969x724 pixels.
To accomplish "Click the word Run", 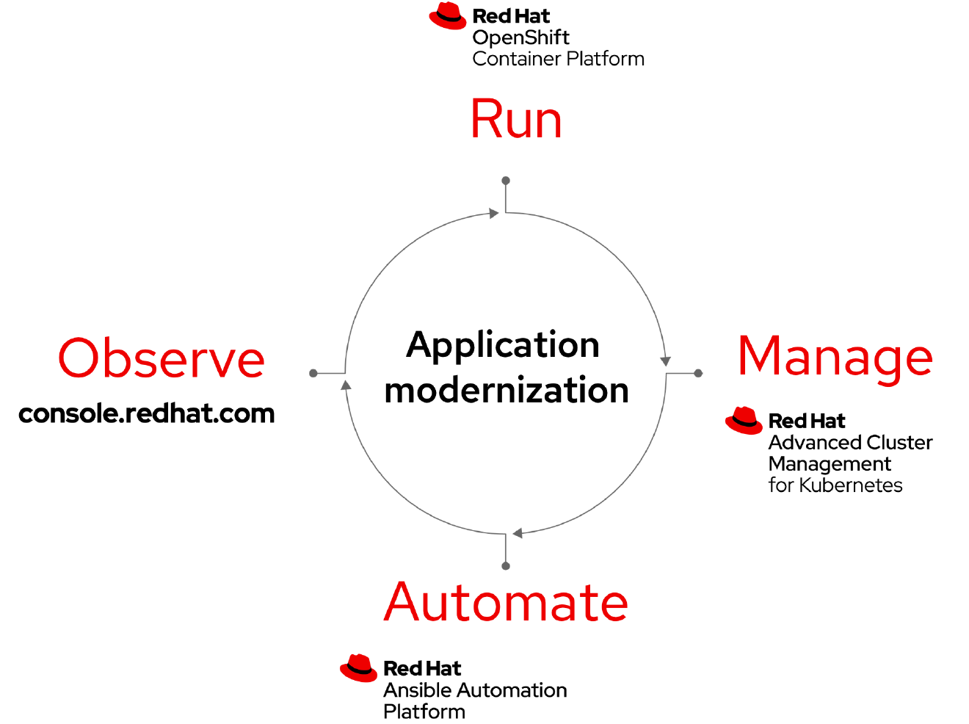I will click(516, 119).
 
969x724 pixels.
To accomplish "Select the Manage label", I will click(835, 358).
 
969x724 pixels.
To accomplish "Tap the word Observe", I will click(161, 359).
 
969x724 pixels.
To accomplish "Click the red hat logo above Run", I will click(448, 16).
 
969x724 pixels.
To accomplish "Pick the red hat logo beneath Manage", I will click(744, 421).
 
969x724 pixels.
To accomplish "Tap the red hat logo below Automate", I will click(358, 667).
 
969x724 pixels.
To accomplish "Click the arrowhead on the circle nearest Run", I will click(494, 214).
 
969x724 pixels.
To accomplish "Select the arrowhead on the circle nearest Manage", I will click(665, 361).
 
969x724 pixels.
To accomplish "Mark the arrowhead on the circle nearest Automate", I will click(518, 533).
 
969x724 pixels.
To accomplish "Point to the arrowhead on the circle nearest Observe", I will click(346, 385).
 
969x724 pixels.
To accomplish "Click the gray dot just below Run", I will click(506, 180).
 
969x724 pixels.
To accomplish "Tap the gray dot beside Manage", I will click(698, 373).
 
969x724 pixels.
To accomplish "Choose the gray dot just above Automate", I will click(506, 566).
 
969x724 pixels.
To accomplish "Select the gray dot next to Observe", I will click(313, 373).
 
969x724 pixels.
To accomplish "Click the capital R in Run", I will click(485, 119).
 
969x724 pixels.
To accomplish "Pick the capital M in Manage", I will click(759, 355).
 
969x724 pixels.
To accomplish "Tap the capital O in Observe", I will click(79, 359).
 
